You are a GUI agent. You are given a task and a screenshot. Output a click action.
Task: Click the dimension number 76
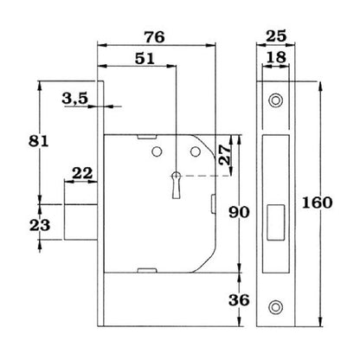pyautogui.click(x=155, y=37)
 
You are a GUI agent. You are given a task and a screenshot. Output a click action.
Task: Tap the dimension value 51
pyautogui.click(x=145, y=59)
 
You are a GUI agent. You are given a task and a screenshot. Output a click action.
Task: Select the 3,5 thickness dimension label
pyautogui.click(x=74, y=99)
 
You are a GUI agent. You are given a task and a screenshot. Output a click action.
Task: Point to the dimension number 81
pyautogui.click(x=39, y=141)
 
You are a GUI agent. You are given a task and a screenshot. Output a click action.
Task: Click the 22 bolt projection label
pyautogui.click(x=82, y=174)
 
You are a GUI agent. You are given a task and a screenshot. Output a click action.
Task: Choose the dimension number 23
pyautogui.click(x=40, y=225)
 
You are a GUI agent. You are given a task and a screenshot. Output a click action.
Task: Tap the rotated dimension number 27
pyautogui.click(x=225, y=155)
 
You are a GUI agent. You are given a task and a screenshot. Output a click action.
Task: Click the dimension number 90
pyautogui.click(x=239, y=213)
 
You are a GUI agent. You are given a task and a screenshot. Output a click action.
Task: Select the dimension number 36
pyautogui.click(x=239, y=300)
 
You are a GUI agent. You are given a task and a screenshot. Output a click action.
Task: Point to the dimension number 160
pyautogui.click(x=317, y=202)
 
